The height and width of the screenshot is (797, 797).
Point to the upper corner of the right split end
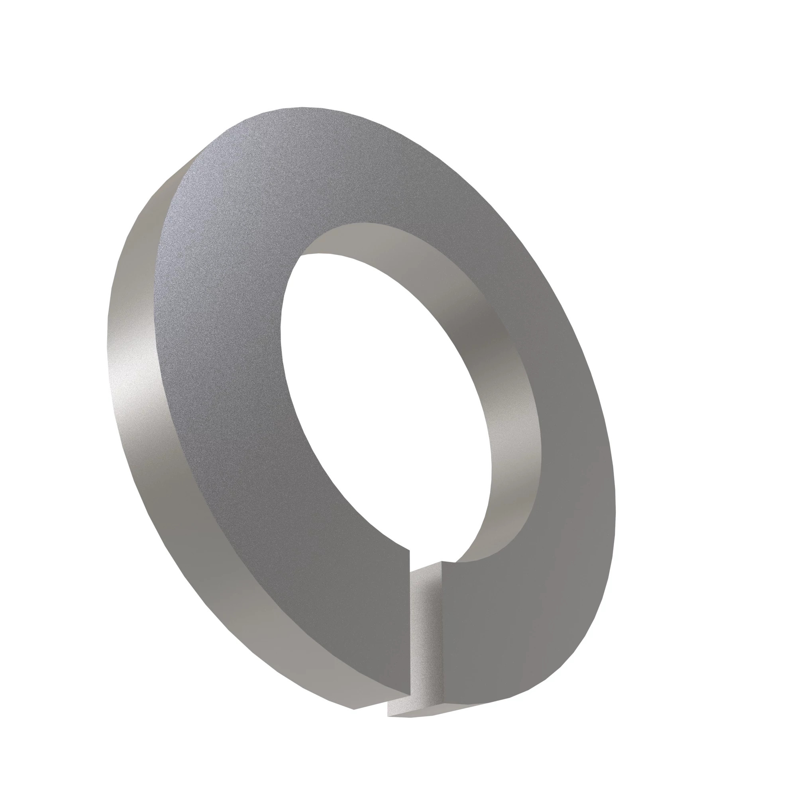click(442, 561)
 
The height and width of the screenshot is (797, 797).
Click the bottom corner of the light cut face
click(388, 716)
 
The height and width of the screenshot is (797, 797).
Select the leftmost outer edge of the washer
click(108, 330)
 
